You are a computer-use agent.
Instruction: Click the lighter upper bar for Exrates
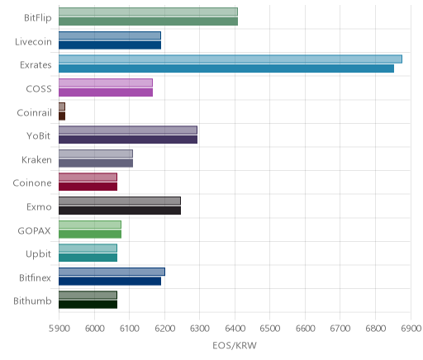point(231,59)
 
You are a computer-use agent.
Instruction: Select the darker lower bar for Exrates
point(226,69)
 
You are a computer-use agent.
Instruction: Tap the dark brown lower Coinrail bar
point(62,116)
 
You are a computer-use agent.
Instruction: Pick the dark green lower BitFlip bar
point(148,21)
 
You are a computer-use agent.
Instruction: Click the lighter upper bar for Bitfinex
point(112,272)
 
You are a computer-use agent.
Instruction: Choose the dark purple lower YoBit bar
point(128,140)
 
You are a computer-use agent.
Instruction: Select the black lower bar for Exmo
point(120,211)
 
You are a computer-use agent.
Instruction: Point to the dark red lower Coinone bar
point(88,187)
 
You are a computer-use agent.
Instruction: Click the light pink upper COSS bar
point(106,83)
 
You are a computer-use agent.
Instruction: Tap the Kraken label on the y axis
point(36,159)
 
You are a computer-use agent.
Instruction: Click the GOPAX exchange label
point(35,230)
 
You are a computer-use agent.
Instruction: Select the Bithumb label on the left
point(32,301)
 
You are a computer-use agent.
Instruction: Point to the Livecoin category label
point(33,41)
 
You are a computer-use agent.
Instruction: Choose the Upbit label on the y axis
point(38,254)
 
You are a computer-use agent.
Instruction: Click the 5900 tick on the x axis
point(59,328)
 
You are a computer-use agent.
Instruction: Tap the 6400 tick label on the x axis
point(235,328)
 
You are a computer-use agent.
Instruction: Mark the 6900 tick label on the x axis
point(411,328)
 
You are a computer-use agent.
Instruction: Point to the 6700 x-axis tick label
point(340,328)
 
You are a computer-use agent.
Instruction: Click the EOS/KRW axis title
point(235,345)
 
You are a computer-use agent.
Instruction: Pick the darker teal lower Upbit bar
point(88,258)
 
